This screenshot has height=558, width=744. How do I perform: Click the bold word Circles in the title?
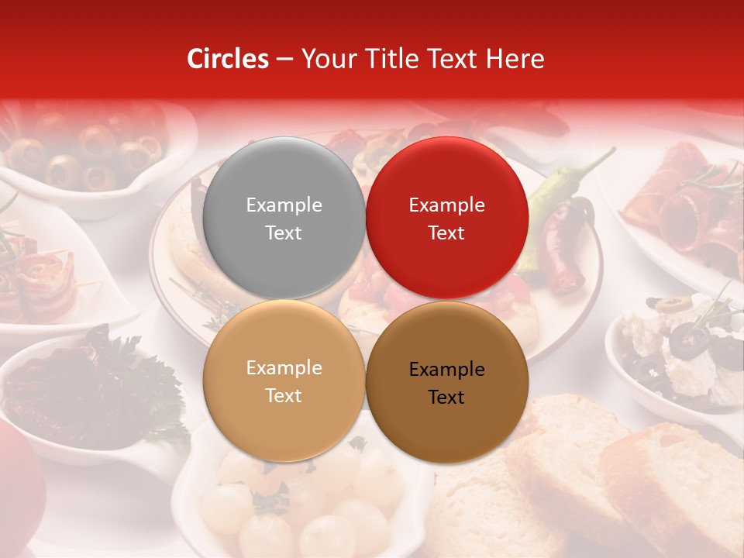click(227, 59)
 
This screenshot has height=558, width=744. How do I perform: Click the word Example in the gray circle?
click(284, 205)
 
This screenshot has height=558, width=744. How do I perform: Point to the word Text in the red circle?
click(446, 232)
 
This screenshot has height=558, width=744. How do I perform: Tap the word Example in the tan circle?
click(284, 367)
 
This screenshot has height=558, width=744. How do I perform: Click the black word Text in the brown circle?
click(446, 397)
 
